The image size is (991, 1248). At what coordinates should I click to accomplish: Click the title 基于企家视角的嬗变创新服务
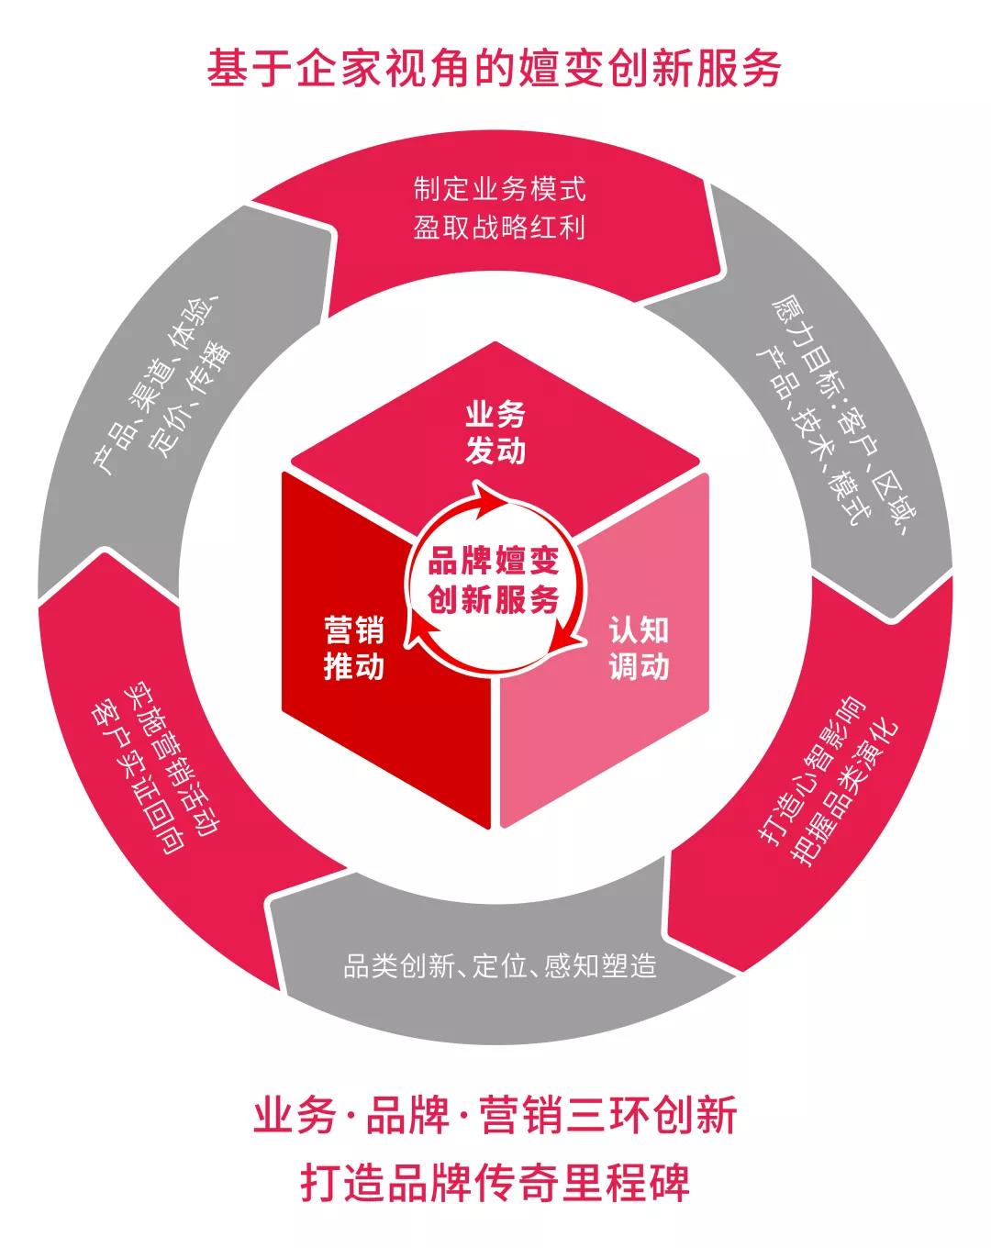tap(495, 70)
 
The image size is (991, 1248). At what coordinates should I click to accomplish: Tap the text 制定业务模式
tap(498, 190)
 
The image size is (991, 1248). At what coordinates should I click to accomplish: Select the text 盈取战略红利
tap(498, 227)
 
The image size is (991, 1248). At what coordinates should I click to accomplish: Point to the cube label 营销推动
tap(353, 648)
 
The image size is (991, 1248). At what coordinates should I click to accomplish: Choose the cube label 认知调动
tap(639, 648)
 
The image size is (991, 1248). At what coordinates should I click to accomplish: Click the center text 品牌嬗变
tap(494, 562)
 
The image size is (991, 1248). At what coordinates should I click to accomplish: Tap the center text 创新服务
tap(494, 600)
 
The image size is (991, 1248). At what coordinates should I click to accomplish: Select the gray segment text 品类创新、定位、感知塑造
tap(500, 965)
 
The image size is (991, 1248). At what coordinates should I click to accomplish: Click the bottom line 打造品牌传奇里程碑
tap(495, 1183)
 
